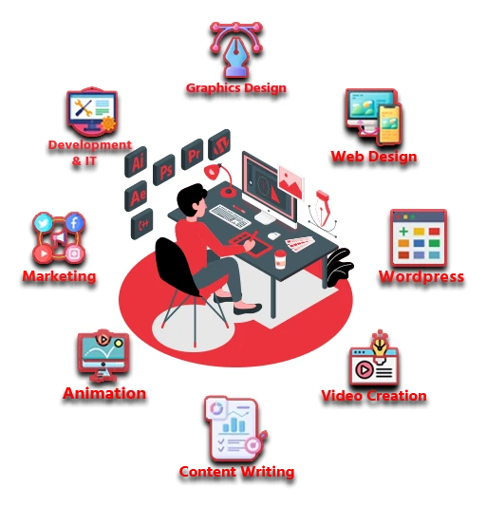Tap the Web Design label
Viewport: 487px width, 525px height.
click(x=374, y=157)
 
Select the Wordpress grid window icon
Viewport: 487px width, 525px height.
click(x=419, y=238)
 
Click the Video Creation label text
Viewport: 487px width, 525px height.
click(x=374, y=396)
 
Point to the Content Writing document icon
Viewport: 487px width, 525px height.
click(x=235, y=429)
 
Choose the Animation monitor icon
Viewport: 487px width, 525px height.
click(x=103, y=356)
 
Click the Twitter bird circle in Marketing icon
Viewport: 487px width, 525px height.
click(x=43, y=223)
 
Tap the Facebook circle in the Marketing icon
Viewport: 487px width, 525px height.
click(x=74, y=222)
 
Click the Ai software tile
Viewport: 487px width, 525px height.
click(x=136, y=162)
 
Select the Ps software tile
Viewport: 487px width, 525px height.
click(x=164, y=170)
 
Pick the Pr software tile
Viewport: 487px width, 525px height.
click(x=192, y=155)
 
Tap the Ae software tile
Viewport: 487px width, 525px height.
click(x=136, y=196)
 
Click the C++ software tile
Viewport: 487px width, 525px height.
click(x=141, y=224)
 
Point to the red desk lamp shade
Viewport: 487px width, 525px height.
click(x=213, y=172)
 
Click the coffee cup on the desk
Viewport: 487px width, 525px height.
click(x=280, y=259)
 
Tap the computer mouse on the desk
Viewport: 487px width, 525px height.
click(x=273, y=235)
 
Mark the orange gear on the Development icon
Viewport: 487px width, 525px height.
click(x=108, y=124)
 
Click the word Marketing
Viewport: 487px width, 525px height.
click(x=59, y=276)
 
